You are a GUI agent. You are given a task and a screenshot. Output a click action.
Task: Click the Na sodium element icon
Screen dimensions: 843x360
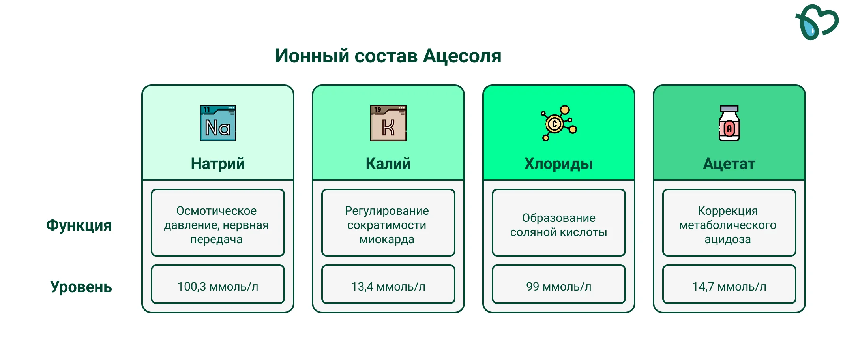pos(218,123)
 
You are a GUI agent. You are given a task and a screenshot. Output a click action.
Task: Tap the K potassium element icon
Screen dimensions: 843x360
pos(388,123)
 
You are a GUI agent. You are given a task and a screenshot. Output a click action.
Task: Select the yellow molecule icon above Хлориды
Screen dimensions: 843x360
pos(559,123)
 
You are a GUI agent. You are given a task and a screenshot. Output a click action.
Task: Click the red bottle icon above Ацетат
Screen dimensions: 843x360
pos(729,123)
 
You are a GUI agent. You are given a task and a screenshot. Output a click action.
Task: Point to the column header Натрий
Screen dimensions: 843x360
pos(218,163)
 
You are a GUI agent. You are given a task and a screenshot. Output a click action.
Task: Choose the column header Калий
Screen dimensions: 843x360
pos(388,163)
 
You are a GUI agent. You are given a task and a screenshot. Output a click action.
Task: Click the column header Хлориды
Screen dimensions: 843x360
pos(559,164)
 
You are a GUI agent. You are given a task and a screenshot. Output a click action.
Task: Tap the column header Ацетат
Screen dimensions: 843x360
pos(729,164)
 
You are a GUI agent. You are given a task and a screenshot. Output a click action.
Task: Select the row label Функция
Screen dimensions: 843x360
pos(79,225)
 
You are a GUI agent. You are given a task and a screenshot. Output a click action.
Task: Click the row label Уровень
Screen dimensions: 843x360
pos(81,287)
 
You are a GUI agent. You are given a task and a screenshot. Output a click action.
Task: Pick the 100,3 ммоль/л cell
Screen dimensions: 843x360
pos(218,287)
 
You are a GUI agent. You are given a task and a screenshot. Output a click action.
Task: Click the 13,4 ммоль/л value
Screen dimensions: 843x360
pos(388,287)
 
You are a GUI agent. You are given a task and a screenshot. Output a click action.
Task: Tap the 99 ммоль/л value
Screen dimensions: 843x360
pos(559,287)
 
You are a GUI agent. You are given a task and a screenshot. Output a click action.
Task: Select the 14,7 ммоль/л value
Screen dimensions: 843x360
pos(729,287)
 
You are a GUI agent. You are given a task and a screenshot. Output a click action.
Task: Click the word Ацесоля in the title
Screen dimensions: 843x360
pos(462,56)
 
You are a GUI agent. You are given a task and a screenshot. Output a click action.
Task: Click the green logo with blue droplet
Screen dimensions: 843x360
pos(817,22)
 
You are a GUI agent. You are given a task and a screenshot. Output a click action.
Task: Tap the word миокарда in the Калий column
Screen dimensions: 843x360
pos(387,239)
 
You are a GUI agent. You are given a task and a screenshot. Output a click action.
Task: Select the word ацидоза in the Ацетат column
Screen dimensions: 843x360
pos(728,240)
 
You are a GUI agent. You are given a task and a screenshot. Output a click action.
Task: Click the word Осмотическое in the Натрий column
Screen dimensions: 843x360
pos(216,211)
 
